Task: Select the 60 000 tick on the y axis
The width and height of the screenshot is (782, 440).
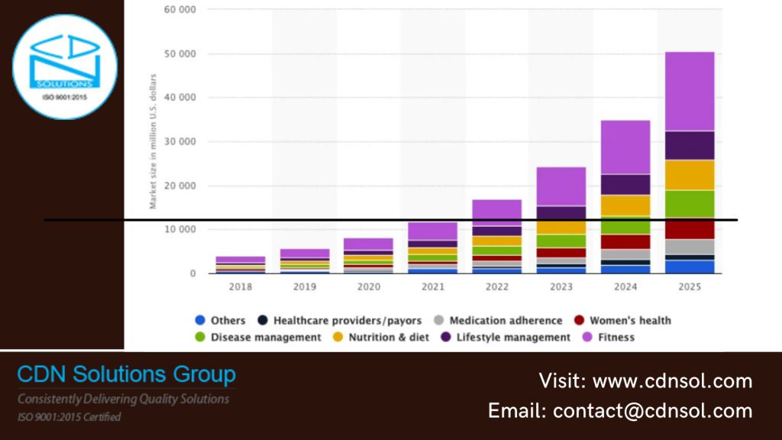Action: tap(179, 10)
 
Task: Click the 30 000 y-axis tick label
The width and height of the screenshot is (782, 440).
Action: tap(179, 142)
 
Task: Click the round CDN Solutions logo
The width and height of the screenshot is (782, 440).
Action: tap(65, 67)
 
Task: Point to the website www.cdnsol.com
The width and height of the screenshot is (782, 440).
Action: tap(672, 380)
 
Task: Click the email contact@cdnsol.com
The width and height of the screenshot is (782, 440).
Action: tap(652, 411)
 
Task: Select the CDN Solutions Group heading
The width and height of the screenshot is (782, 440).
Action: tap(127, 375)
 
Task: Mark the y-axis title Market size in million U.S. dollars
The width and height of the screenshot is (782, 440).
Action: tap(153, 141)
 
